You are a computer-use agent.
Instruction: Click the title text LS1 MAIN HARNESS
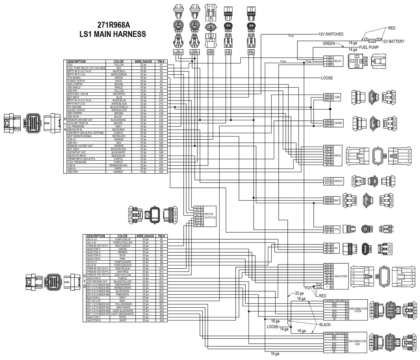tap(112, 34)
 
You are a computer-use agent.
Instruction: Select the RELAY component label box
tap(338, 61)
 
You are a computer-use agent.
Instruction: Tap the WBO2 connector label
tap(337, 156)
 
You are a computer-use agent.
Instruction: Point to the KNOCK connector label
tap(338, 181)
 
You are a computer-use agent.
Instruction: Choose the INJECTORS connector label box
tap(341, 276)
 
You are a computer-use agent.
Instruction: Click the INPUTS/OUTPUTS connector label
tap(210, 216)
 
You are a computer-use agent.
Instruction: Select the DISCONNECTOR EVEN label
tap(358, 310)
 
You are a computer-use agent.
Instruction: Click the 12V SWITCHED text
tap(331, 34)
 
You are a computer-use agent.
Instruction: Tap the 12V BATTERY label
tap(393, 42)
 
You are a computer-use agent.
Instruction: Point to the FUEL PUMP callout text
tap(369, 47)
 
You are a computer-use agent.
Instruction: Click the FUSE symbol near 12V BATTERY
tap(372, 41)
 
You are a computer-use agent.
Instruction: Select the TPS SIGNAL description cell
tap(74, 78)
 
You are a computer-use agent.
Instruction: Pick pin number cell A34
tap(161, 172)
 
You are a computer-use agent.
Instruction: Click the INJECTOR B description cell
tap(94, 321)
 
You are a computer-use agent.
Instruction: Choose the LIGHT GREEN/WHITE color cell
tap(122, 314)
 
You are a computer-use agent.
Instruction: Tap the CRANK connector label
tap(338, 123)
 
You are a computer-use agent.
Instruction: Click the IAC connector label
tap(336, 248)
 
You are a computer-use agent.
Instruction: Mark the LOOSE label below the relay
tap(327, 78)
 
